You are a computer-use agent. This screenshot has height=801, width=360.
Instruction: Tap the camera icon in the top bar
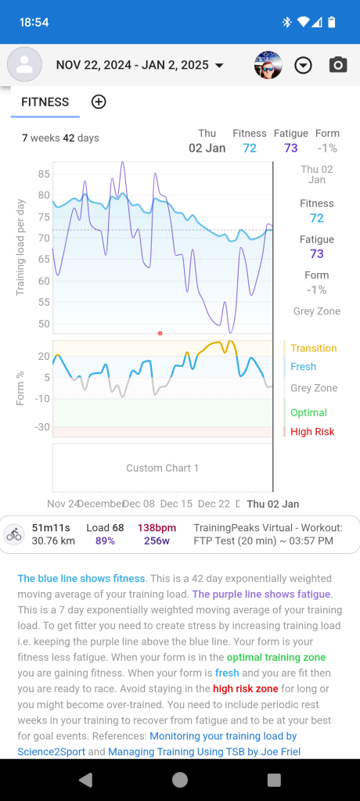[x=337, y=65]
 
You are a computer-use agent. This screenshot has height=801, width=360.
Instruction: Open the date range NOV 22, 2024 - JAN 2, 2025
[x=139, y=66]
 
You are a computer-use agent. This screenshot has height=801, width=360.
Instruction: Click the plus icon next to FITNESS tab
[x=99, y=102]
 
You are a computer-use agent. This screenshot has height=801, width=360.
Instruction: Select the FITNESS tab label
[x=45, y=102]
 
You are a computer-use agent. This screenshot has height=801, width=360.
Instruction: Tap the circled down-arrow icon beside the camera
[x=303, y=66]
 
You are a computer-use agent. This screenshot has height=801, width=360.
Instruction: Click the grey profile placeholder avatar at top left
[x=24, y=65]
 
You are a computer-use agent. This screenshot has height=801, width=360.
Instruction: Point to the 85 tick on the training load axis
[x=44, y=174]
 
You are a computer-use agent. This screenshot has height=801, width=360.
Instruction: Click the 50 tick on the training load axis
[x=44, y=324]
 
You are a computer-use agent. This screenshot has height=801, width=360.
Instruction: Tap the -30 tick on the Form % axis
[x=42, y=427]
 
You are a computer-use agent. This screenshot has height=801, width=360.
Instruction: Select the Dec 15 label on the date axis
[x=176, y=504]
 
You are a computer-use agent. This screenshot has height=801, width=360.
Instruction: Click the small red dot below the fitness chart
[x=160, y=333]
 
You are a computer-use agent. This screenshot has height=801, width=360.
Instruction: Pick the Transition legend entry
[x=313, y=348]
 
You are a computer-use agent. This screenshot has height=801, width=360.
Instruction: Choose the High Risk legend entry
[x=311, y=431]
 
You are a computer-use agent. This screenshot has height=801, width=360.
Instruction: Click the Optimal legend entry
[x=308, y=412]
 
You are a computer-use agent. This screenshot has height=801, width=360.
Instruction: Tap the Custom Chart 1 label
[x=162, y=468]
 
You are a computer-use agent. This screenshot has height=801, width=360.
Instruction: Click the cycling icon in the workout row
[x=14, y=534]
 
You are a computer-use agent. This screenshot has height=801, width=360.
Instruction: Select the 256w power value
[x=157, y=541]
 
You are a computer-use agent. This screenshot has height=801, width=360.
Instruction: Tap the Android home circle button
[x=180, y=779]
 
